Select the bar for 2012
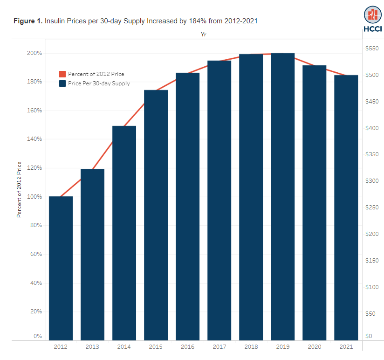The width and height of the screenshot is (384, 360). pos(61,268)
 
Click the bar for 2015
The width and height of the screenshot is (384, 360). pos(156,215)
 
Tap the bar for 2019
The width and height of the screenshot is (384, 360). pos(282,196)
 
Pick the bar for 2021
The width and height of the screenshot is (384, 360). pos(346,208)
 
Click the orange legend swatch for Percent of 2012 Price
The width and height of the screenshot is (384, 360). pos(62,74)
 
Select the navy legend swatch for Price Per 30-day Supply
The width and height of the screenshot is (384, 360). pos(62,83)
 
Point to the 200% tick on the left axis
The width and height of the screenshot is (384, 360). pos(34,53)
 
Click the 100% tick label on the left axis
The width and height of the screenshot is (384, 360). pos(34,196)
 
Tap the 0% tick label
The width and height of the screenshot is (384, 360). pos(38,336)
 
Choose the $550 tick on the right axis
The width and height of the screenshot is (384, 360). pos(372,48)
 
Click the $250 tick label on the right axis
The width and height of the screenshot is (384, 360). pos(372,208)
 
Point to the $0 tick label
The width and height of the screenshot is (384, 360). pos(369,336)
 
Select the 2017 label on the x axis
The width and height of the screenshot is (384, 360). pos(219,347)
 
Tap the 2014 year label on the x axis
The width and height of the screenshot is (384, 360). pos(124,347)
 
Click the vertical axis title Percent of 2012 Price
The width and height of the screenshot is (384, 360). pos(19,189)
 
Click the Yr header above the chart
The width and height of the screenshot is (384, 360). pos(204,35)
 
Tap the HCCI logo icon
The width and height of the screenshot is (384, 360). pos(372,15)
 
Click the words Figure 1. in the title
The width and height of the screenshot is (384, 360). pos(28,21)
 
